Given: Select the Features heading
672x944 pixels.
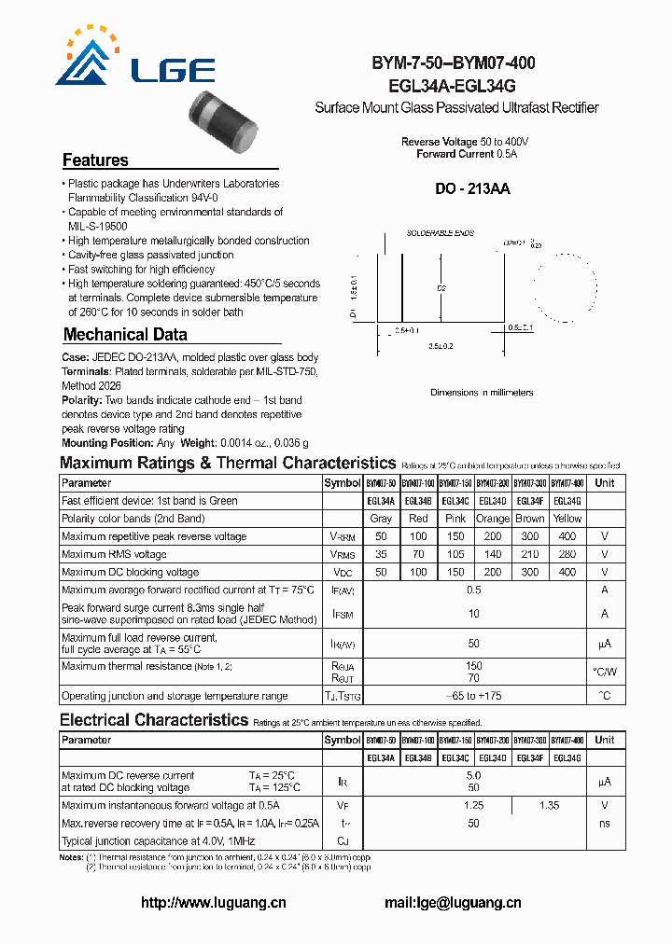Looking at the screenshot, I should click(95, 160).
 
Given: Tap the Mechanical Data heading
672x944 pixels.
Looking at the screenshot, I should click(125, 334).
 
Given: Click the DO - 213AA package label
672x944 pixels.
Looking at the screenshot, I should click(472, 188).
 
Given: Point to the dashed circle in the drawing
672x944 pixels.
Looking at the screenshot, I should click(564, 281).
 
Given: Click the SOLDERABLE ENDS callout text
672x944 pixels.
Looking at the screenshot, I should click(440, 232).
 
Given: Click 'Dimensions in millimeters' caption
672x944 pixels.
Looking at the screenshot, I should click(482, 393).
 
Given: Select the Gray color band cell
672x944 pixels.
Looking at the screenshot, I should click(380, 519).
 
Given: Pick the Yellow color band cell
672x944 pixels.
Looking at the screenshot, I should click(567, 519).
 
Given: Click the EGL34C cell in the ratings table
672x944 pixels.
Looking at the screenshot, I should click(455, 501).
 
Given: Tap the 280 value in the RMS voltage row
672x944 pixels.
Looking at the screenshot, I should click(567, 554).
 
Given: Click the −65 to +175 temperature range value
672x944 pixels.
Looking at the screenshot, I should click(473, 696).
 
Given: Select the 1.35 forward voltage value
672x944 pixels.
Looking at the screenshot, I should click(550, 805).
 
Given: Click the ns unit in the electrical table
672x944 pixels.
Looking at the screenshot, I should click(605, 823).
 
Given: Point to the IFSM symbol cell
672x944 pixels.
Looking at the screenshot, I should click(342, 614).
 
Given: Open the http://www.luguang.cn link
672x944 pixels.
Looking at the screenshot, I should click(213, 902).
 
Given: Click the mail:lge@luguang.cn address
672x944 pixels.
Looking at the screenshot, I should click(453, 902).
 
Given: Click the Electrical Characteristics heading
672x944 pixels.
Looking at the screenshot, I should click(154, 719).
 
